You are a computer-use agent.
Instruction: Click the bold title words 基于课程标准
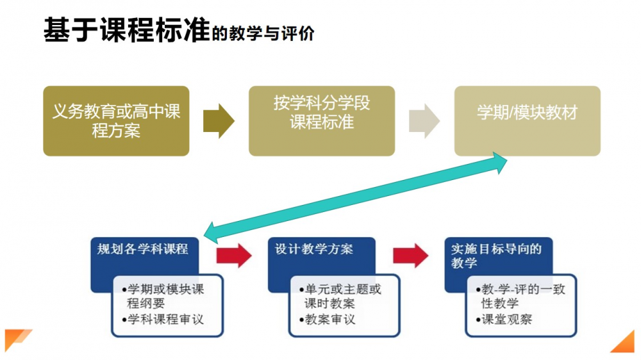[x=126, y=30]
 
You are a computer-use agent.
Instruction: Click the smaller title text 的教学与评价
[x=263, y=33]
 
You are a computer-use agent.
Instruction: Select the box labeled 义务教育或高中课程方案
[x=116, y=121]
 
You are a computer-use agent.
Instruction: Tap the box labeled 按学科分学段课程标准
[x=322, y=113]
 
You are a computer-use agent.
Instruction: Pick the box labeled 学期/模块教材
[x=527, y=113]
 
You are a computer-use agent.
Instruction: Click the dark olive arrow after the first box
[x=219, y=120]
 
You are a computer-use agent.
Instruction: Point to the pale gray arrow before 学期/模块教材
[x=424, y=120]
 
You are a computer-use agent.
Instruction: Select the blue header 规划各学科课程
[x=142, y=249]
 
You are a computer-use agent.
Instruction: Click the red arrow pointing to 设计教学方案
[x=233, y=254]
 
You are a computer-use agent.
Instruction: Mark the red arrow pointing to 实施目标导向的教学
[x=410, y=254]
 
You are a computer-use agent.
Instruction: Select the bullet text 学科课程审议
[x=164, y=318]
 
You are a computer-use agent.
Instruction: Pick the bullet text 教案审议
[x=331, y=318]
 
